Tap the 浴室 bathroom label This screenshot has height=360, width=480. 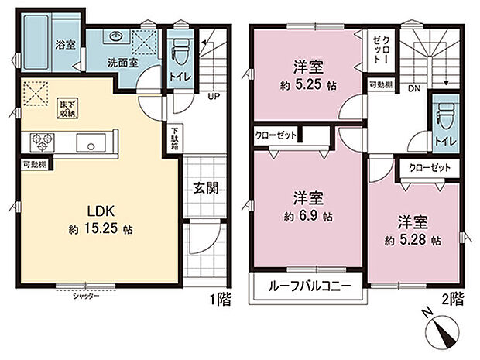63,45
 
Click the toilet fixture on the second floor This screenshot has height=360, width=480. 443,114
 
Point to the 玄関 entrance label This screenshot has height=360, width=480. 203,187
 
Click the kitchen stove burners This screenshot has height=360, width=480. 40,142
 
